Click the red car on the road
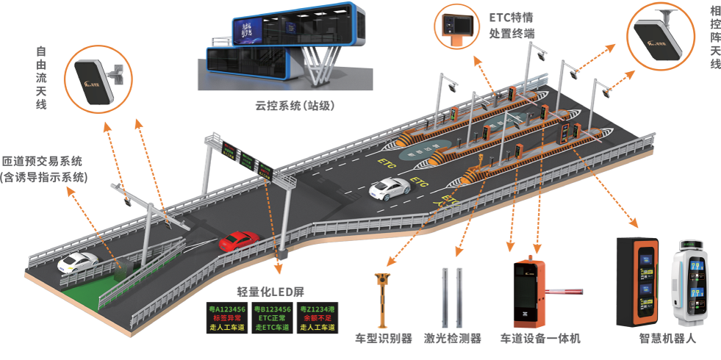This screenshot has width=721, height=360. coord(240,240)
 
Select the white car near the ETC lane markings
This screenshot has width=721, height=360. coord(389,190)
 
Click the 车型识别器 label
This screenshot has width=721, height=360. coord(381,339)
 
